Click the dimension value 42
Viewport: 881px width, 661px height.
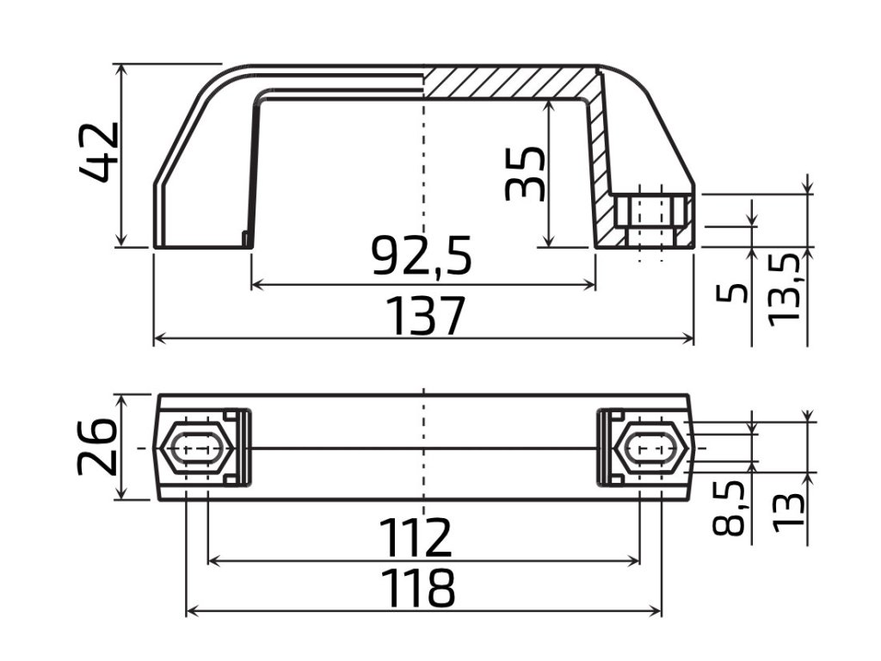click(x=100, y=152)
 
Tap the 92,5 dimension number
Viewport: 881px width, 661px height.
click(x=422, y=255)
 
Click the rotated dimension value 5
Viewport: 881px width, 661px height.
click(x=732, y=293)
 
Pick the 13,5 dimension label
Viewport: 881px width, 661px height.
click(x=783, y=290)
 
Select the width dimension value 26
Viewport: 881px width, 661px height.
click(x=96, y=447)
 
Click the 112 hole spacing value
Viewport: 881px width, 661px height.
click(x=416, y=537)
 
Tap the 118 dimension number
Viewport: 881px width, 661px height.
click(x=417, y=588)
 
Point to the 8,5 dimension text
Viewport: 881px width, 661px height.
click(x=728, y=508)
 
